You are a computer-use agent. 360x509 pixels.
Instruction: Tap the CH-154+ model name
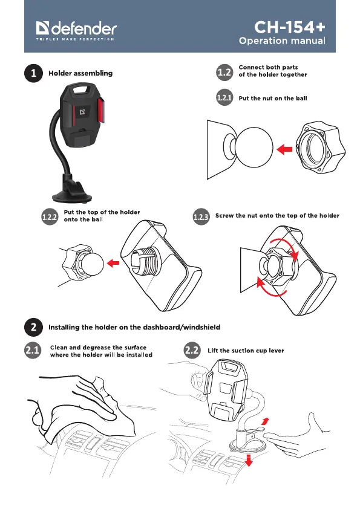(x=289, y=27)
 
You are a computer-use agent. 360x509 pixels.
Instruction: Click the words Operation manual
(x=282, y=41)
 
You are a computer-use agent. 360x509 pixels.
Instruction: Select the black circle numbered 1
(x=33, y=73)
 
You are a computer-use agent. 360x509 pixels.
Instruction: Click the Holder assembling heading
(x=80, y=73)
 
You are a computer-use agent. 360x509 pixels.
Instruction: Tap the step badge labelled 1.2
(x=224, y=72)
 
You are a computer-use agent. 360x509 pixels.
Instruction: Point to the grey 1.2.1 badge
(x=224, y=97)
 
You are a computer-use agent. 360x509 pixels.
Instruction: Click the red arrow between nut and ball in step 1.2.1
(x=284, y=150)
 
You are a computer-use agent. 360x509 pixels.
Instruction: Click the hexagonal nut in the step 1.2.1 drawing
(x=320, y=148)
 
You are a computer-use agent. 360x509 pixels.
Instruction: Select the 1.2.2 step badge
(x=50, y=216)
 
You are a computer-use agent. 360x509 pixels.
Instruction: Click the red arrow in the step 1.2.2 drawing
(x=113, y=262)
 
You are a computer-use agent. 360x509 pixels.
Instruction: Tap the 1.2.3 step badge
(x=201, y=216)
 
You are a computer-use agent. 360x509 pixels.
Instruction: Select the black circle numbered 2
(x=33, y=327)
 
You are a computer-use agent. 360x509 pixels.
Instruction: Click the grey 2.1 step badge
(x=33, y=350)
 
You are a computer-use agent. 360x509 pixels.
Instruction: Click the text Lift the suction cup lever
(x=246, y=351)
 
